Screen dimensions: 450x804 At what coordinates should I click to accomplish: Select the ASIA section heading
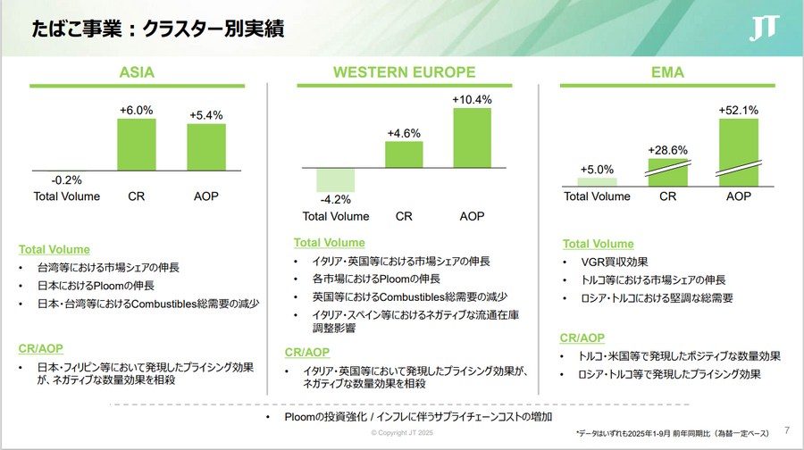click(138, 72)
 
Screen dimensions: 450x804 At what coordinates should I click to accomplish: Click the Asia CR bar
click(136, 144)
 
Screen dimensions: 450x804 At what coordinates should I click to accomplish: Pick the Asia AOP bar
click(205, 147)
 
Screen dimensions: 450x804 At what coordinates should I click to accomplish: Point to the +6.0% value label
click(136, 111)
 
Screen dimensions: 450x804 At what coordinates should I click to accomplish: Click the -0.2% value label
click(66, 179)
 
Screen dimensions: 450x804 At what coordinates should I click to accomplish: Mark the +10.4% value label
click(472, 100)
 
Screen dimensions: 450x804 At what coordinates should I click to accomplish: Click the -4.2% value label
click(336, 200)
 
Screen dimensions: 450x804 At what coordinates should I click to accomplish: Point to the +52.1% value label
click(738, 111)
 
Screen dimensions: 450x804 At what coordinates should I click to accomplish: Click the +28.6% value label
click(668, 150)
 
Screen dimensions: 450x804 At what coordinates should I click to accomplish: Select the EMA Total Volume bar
click(598, 182)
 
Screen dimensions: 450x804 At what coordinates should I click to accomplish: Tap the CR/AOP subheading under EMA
click(582, 337)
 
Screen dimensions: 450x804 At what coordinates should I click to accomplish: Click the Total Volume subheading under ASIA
click(54, 249)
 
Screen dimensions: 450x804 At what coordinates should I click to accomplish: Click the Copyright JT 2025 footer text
click(403, 433)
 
